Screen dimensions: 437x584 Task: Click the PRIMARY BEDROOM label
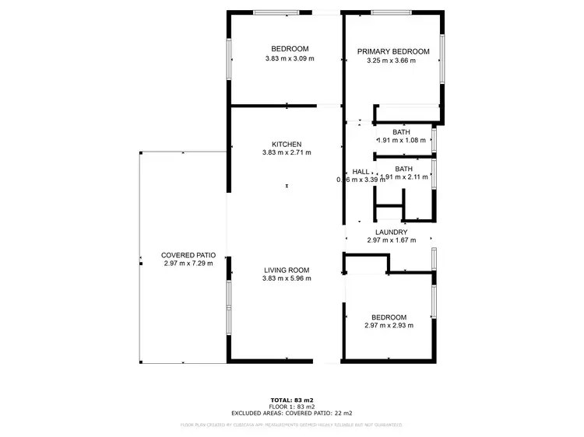[392, 52]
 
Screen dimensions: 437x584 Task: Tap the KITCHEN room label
[287, 144]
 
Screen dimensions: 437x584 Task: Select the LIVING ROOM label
[287, 270]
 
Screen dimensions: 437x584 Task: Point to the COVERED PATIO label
[188, 255]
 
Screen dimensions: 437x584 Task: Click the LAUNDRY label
[391, 232]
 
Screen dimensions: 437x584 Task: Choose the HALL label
[361, 172]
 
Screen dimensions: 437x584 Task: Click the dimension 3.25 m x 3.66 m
[392, 61]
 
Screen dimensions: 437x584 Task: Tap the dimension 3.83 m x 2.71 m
[287, 152]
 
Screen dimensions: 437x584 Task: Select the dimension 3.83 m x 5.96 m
[287, 278]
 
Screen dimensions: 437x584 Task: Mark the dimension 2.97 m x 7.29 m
[188, 264]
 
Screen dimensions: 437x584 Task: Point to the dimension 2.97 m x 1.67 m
[391, 240]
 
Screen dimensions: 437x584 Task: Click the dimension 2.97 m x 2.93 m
[389, 326]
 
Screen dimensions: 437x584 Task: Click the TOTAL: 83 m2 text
[292, 400]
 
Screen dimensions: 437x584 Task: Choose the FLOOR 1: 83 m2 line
[292, 407]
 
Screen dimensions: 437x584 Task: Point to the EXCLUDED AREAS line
[292, 413]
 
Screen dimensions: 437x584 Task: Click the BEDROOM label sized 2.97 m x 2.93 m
[389, 317]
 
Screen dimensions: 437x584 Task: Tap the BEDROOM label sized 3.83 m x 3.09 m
[287, 48]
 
